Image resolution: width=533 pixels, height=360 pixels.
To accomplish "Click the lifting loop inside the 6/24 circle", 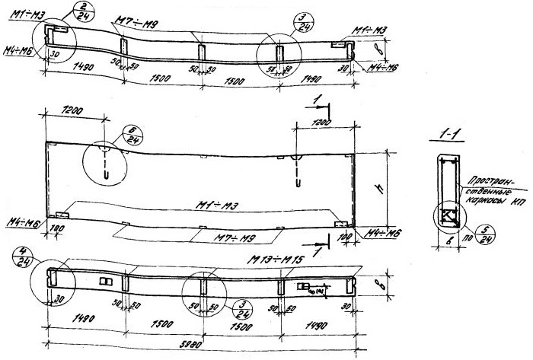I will (107, 164).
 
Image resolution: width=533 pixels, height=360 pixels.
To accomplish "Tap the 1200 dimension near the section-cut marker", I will (323, 123).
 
